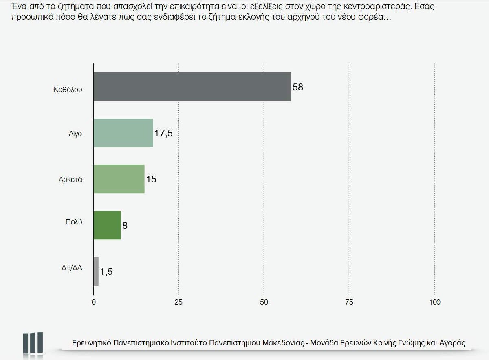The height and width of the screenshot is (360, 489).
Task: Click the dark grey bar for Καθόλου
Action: [192, 87]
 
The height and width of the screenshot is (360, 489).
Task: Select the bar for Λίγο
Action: [123, 133]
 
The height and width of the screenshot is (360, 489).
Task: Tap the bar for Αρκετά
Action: [119, 179]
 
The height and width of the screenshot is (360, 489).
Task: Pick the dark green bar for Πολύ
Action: [107, 225]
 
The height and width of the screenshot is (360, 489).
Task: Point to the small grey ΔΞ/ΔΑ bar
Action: [96, 271]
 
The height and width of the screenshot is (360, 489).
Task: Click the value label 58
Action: [298, 87]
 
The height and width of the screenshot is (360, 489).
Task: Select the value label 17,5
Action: [163, 133]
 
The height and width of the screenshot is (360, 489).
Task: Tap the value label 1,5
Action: [106, 272]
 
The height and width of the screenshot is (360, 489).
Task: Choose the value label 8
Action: [125, 225]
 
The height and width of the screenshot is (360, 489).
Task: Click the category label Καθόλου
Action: [68, 89]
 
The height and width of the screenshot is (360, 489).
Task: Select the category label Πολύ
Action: [74, 222]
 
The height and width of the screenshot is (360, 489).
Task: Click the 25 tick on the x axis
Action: [178, 302]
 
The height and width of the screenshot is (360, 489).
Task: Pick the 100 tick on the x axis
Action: [435, 302]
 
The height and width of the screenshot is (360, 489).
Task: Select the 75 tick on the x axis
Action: [349, 302]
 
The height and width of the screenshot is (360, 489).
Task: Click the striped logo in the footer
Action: [33, 342]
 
